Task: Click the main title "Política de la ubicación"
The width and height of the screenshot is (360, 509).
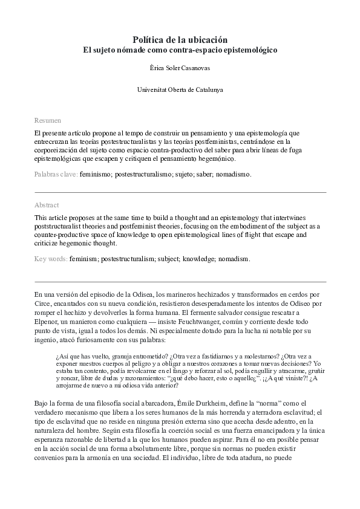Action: click(180, 39)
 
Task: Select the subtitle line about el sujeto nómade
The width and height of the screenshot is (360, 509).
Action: click(180, 50)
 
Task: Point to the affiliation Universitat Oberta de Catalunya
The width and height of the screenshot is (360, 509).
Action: click(180, 89)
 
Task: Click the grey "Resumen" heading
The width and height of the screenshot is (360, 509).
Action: click(47, 120)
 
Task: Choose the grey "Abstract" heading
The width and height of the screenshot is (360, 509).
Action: click(47, 205)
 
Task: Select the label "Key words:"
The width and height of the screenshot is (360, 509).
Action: click(51, 259)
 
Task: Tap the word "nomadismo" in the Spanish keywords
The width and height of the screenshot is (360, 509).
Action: click(232, 174)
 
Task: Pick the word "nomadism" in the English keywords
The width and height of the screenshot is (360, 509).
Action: click(232, 259)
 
